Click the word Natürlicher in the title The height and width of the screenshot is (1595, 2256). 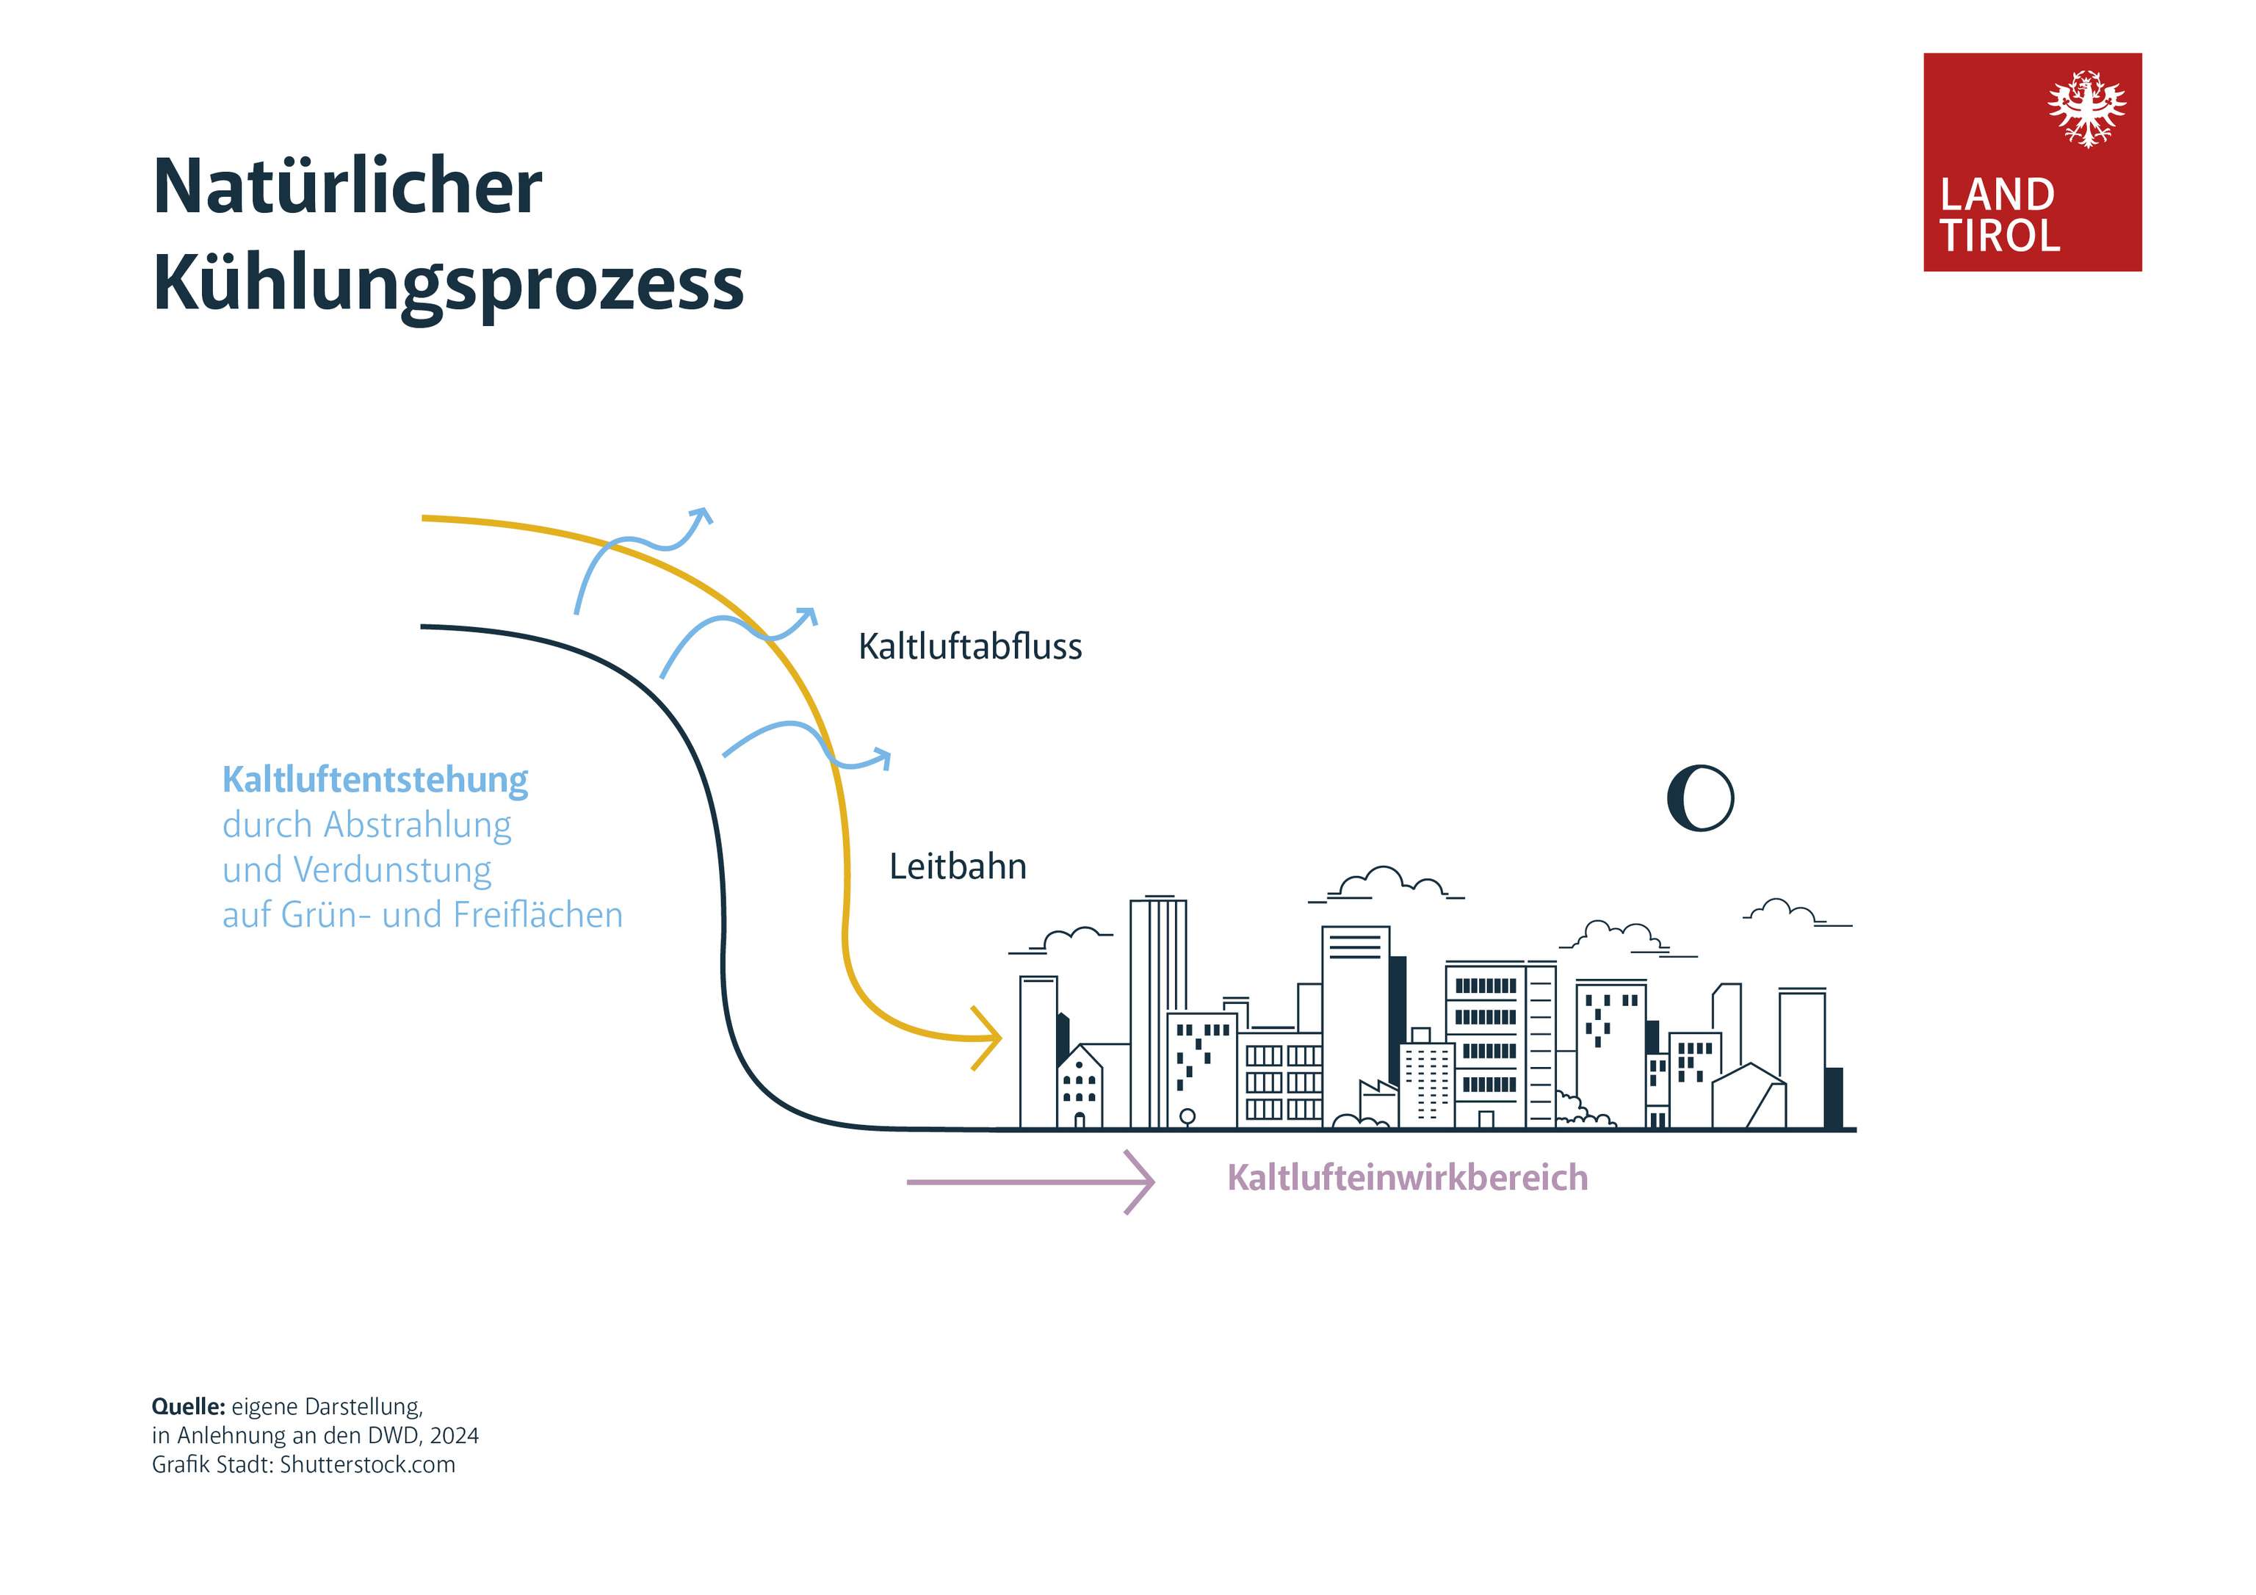pyautogui.click(x=347, y=187)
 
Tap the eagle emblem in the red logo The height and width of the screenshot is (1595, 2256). pyautogui.click(x=2086, y=108)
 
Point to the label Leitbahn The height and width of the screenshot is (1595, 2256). pyautogui.click(x=957, y=867)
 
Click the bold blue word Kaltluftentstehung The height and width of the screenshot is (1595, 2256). pyautogui.click(x=375, y=779)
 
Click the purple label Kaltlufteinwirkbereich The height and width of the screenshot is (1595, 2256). pyautogui.click(x=1407, y=1177)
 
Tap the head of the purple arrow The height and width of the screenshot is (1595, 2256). pyautogui.click(x=1142, y=1182)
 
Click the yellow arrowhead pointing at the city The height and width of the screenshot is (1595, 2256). pyautogui.click(x=988, y=1038)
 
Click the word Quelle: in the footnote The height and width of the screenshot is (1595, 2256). pyautogui.click(x=188, y=1406)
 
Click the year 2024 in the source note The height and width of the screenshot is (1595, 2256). pyautogui.click(x=454, y=1435)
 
